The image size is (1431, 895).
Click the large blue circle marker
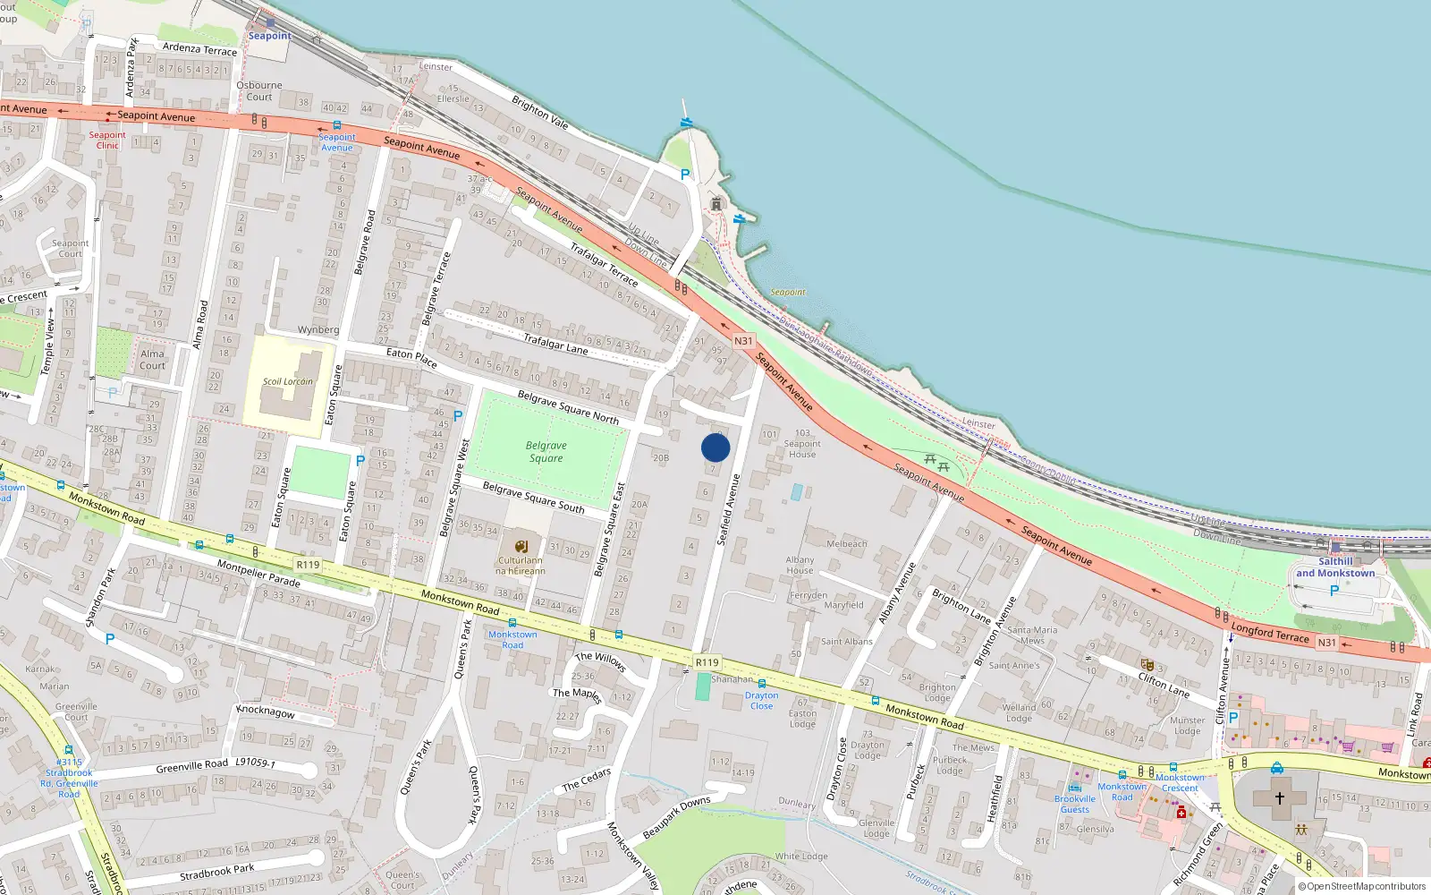pyautogui.click(x=715, y=447)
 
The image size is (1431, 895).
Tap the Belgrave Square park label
pyautogui.click(x=546, y=452)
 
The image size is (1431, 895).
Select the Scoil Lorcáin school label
pyautogui.click(x=287, y=381)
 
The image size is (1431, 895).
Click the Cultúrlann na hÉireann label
pyautogui.click(x=520, y=566)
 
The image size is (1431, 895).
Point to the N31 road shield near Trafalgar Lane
pyautogui.click(x=743, y=341)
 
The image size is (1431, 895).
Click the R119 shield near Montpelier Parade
pyautogui.click(x=308, y=565)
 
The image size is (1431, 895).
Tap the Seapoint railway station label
pyautogui.click(x=269, y=36)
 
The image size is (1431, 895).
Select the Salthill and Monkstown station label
pyautogui.click(x=1335, y=567)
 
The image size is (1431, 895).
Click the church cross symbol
pyautogui.click(x=1279, y=797)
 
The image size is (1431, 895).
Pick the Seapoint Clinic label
pyautogui.click(x=107, y=140)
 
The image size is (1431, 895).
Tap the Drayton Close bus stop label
pyautogui.click(x=761, y=700)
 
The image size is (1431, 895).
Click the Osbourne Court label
pyautogui.click(x=259, y=91)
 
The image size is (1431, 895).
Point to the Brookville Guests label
pyautogui.click(x=1074, y=804)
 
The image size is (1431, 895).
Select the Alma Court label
pyautogui.click(x=152, y=359)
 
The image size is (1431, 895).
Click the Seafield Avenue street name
pyautogui.click(x=729, y=509)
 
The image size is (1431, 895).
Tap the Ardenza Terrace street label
pyautogui.click(x=199, y=48)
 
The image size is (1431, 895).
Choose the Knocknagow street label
pyautogui.click(x=265, y=712)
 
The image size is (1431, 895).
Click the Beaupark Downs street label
pyautogui.click(x=676, y=816)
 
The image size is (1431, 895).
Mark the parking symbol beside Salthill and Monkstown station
pyautogui.click(x=1334, y=591)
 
